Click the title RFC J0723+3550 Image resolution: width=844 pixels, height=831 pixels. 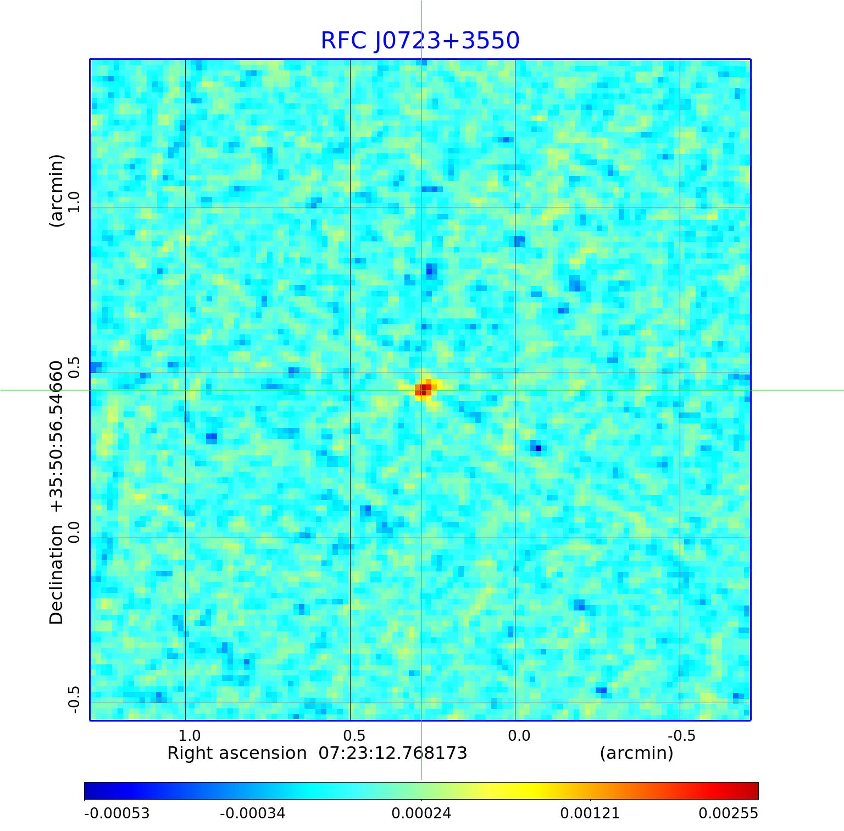tap(420, 41)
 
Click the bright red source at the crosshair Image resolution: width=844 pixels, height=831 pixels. tap(424, 389)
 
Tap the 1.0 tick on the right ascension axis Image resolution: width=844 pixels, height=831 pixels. tap(190, 735)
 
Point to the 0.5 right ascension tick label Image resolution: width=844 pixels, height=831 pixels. tap(354, 735)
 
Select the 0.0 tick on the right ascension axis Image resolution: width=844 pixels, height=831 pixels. tap(519, 735)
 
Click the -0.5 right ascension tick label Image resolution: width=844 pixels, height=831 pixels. tap(681, 735)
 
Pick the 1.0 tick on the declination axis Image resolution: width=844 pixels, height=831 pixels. tap(74, 201)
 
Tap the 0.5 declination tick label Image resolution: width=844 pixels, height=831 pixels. tap(74, 366)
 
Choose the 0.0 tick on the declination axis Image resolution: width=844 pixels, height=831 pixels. tap(74, 531)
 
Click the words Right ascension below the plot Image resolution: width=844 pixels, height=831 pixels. tap(237, 753)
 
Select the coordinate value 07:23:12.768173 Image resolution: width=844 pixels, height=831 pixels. tap(393, 753)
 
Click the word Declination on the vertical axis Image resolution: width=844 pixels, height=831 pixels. tap(57, 575)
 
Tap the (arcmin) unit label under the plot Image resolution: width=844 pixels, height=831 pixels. tap(636, 753)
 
